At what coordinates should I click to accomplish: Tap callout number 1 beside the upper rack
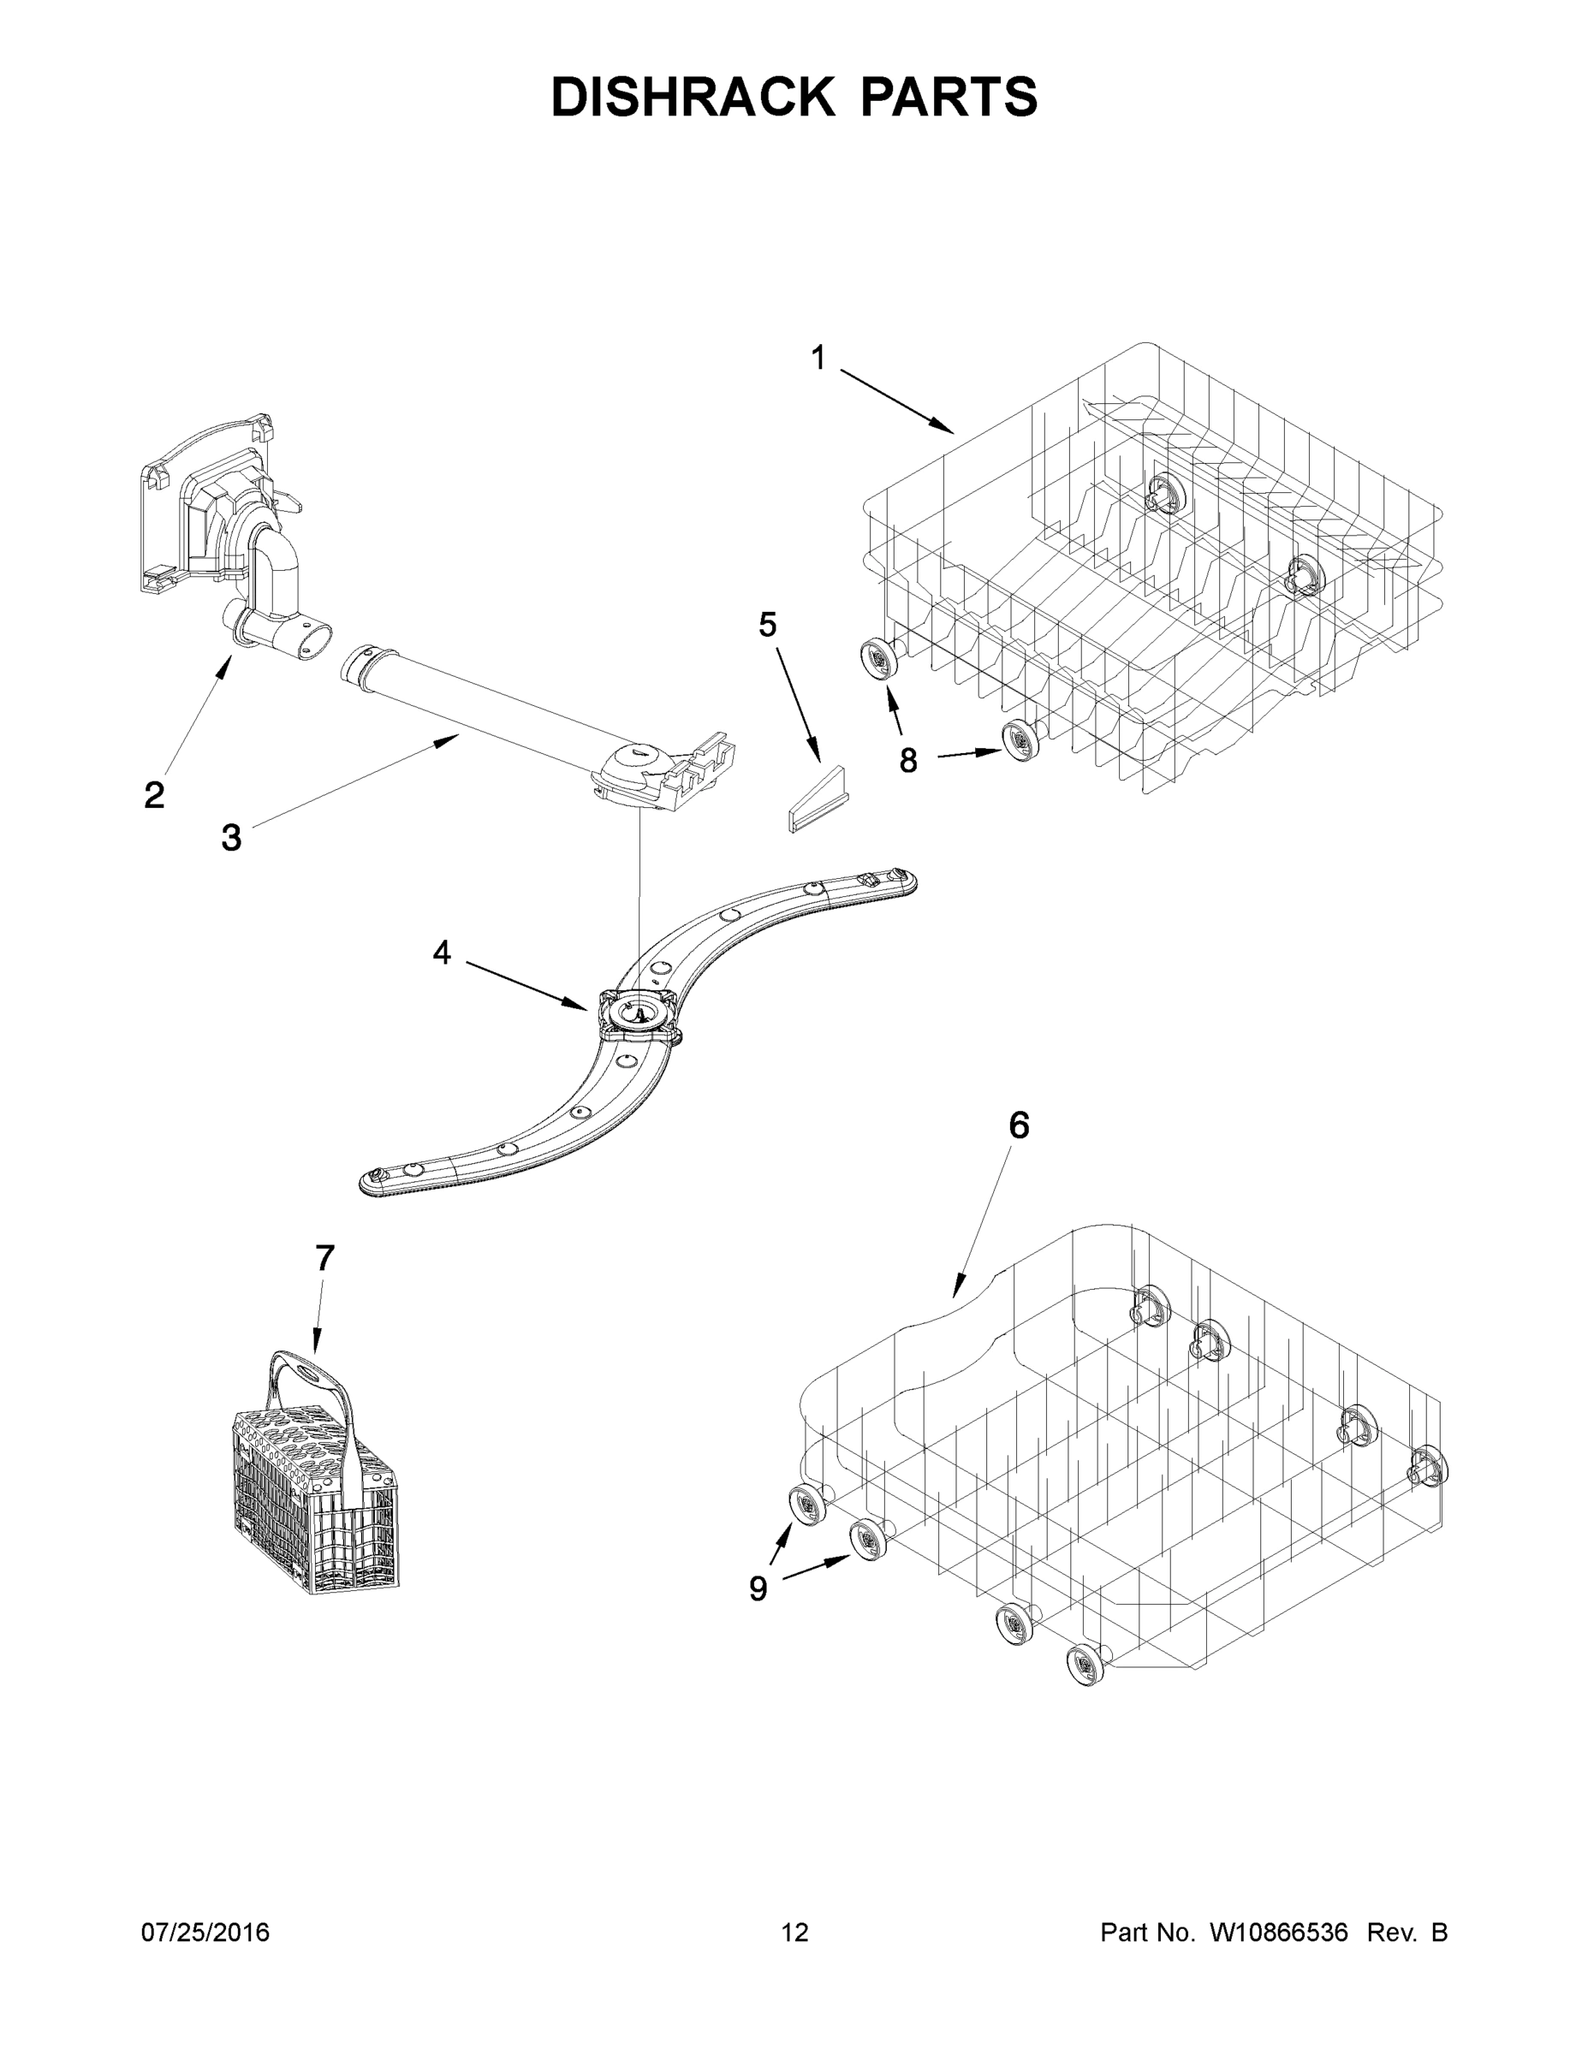(x=818, y=359)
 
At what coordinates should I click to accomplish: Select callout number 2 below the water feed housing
(x=154, y=795)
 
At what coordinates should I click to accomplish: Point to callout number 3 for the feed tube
(x=231, y=837)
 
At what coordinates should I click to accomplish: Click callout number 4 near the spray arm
(x=441, y=953)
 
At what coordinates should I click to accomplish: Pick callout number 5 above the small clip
(x=768, y=625)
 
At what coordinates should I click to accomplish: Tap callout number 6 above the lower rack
(x=1019, y=1125)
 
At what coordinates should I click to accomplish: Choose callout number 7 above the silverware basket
(x=324, y=1258)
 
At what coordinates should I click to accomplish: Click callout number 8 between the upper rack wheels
(x=907, y=760)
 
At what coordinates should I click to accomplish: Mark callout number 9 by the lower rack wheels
(x=758, y=1588)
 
